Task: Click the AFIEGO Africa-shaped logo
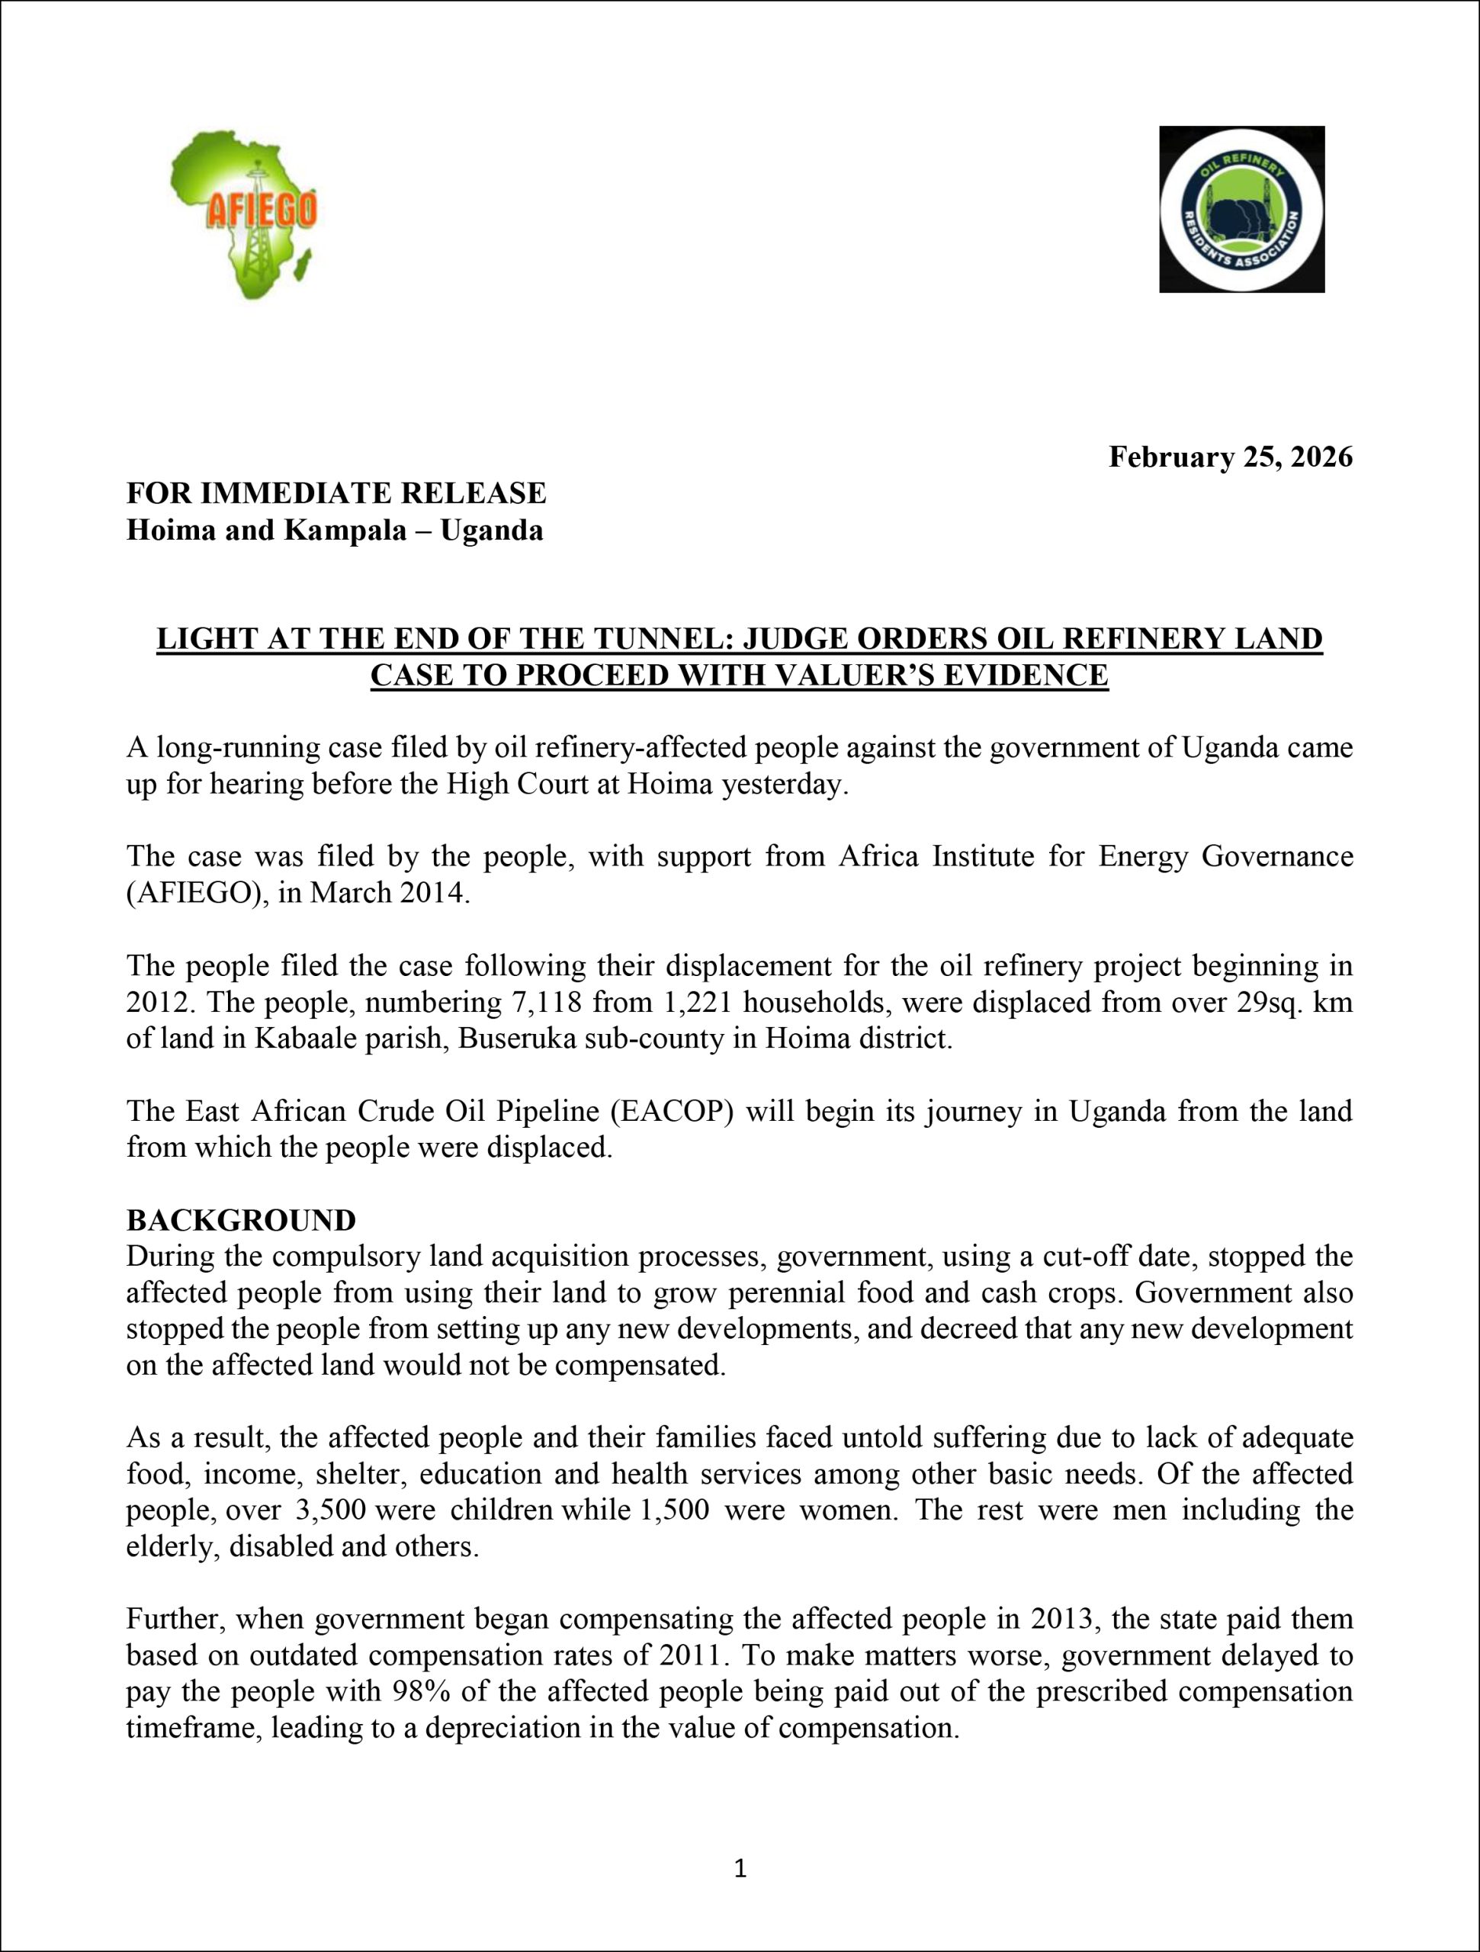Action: pyautogui.click(x=243, y=213)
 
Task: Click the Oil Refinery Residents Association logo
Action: pyautogui.click(x=1241, y=209)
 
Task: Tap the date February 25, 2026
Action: pyautogui.click(x=1230, y=457)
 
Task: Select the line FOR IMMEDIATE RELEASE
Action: pyautogui.click(x=336, y=493)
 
